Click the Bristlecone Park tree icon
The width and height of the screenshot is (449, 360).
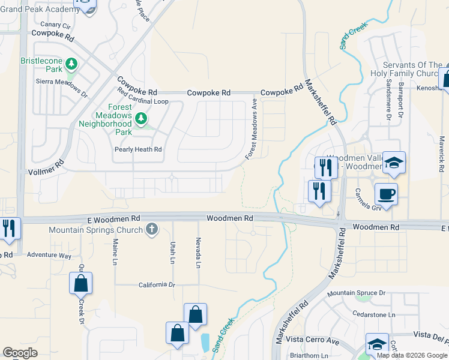[71, 64]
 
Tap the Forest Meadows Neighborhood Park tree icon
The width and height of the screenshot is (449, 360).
[141, 118]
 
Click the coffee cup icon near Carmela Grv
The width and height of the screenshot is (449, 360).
[386, 194]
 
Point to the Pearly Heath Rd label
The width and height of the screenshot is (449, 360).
[139, 149]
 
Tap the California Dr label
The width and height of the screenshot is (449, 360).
[156, 285]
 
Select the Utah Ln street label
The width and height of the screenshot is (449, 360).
[172, 252]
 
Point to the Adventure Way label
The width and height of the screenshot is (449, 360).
[49, 255]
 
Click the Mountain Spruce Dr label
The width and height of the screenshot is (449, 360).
[356, 294]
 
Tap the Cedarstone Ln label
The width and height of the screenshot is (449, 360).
[375, 314]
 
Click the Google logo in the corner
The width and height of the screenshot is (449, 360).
[20, 353]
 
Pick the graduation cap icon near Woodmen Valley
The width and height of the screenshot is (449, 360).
[394, 163]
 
